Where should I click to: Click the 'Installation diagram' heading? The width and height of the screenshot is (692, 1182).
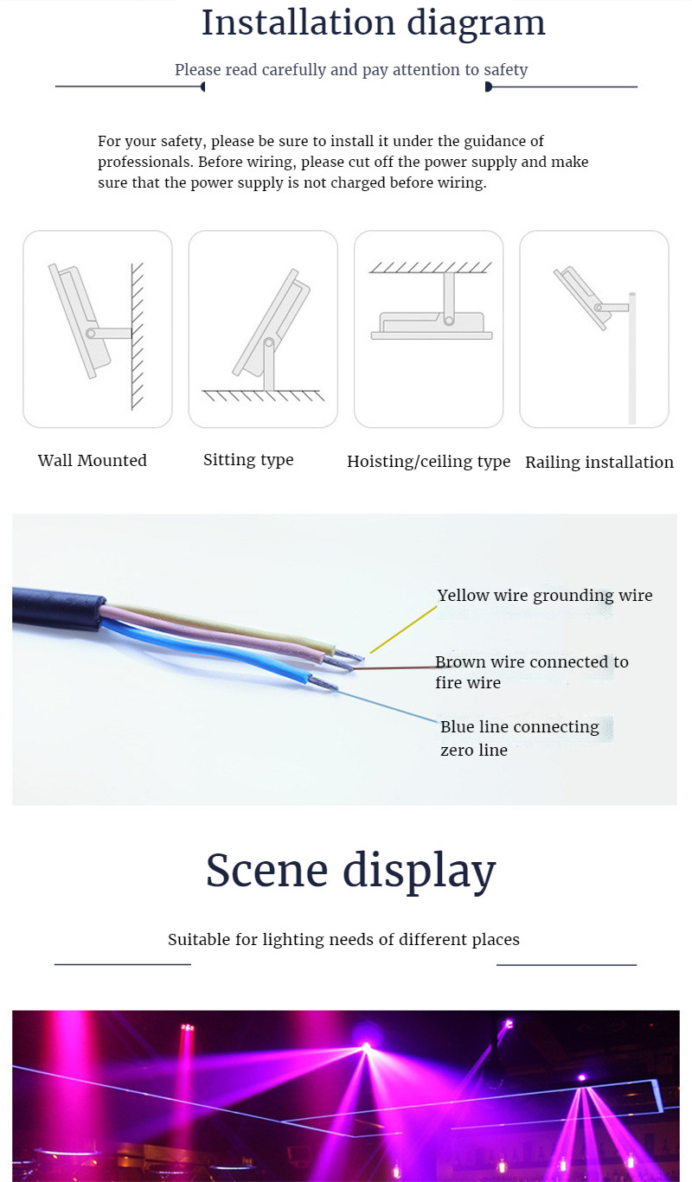(373, 23)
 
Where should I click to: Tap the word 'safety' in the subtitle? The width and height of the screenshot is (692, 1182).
(506, 70)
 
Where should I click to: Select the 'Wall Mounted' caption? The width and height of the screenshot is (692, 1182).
(93, 460)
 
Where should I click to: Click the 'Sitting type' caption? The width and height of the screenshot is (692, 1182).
(248, 460)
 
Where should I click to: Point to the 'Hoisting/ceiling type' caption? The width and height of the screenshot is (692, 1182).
(428, 462)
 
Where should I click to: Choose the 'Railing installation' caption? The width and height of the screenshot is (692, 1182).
(599, 463)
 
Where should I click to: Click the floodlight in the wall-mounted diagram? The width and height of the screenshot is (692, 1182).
(80, 321)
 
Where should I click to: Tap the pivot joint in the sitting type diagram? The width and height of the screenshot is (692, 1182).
(269, 343)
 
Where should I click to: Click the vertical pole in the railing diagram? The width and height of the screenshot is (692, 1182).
(631, 358)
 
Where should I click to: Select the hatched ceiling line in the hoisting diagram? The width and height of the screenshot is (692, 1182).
(430, 267)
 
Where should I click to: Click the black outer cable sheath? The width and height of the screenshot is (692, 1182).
(58, 609)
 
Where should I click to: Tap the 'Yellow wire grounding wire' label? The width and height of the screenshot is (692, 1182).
(545, 596)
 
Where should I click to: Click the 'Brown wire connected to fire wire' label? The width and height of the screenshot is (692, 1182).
(531, 672)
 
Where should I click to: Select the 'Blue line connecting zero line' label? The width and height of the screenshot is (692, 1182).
(520, 738)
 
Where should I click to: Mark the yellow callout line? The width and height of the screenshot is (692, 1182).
(403, 629)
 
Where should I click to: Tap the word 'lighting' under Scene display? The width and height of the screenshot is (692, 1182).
(293, 940)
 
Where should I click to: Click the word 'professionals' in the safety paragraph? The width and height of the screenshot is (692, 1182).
(145, 163)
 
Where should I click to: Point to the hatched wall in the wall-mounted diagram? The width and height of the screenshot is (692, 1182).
(138, 336)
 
